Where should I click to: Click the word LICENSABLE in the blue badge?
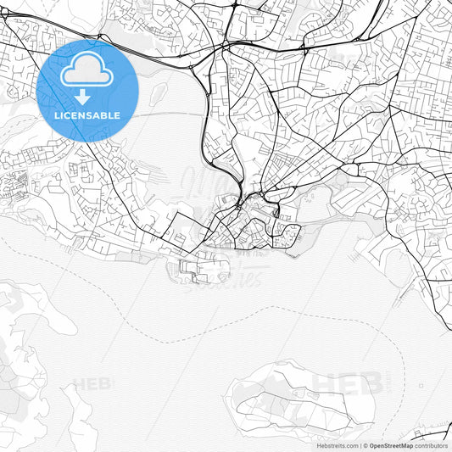pos(87,115)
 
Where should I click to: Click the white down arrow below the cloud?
pos(83,97)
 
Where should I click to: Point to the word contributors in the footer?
pos(432,445)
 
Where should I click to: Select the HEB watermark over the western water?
pos(92,383)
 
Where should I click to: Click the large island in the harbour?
pos(297,399)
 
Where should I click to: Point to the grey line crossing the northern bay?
pos(170,113)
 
